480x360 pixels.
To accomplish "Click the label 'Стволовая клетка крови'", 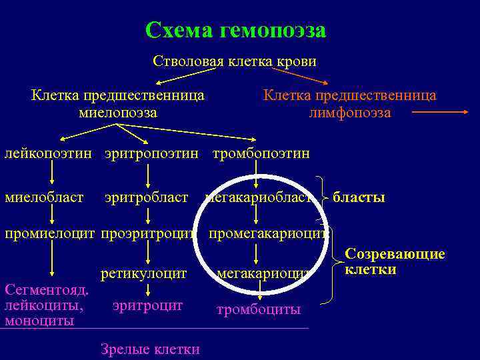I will point(235,61).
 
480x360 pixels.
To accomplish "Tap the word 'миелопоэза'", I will point(118,113).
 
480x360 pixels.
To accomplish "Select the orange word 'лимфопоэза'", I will point(350,113).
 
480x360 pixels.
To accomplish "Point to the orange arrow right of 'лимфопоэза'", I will point(441,113).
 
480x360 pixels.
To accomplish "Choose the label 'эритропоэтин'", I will point(151,154).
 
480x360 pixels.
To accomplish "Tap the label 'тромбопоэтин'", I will point(261,154).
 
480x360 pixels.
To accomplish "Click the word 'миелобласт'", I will point(44,197).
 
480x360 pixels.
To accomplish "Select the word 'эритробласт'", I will point(146,197).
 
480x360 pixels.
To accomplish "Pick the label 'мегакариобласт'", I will point(259,197).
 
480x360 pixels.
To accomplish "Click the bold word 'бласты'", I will point(359,197).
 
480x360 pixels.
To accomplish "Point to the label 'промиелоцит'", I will point(50,234).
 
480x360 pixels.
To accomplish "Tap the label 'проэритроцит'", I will point(148,234).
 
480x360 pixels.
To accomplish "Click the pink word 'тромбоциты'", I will point(259,309).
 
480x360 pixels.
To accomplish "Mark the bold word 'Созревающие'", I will point(395,254).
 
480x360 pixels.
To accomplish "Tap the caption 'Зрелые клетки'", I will point(150,349).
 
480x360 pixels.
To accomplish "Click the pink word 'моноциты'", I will point(39,320).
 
